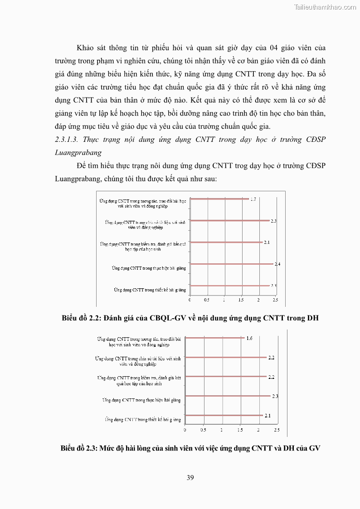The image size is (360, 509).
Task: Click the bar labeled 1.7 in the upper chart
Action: (219, 199)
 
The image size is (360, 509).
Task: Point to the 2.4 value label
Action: (277, 264)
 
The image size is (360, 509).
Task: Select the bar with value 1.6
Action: (215, 338)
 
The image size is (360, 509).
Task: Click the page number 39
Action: (190, 477)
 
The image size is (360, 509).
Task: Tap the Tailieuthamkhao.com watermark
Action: (325, 7)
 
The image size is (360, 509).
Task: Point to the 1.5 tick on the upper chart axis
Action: (241, 300)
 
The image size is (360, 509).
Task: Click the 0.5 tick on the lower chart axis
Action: (203, 429)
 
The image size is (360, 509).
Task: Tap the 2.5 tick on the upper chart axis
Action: (275, 300)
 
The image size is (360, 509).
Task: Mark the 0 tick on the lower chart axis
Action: (185, 429)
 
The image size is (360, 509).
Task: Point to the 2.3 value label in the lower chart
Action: (275, 396)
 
